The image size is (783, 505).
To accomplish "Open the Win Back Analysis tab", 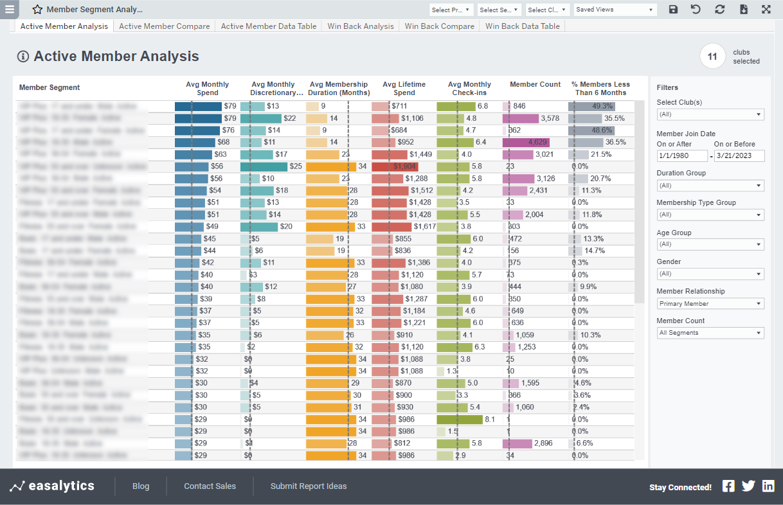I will pos(360,26).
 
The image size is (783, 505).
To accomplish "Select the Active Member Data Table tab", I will pos(268,26).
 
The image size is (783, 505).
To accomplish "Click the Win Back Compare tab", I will pos(439,26).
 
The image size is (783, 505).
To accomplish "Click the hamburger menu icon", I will pos(10,10).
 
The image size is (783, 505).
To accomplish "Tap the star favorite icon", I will pos(37,10).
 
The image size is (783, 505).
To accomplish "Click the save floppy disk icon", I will pos(673,10).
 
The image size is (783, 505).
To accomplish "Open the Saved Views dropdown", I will pos(614,10).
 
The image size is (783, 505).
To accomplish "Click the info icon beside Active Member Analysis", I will pos(23,57).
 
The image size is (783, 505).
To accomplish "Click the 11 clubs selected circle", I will pos(712,57).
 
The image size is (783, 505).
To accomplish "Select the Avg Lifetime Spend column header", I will pos(404,88).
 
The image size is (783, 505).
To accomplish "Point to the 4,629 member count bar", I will pos(525,142).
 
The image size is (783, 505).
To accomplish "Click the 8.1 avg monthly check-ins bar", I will pos(459,419).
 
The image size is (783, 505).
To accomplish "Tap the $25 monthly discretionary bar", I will pos(264,166).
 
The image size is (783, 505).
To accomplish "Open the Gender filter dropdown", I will pos(710,274).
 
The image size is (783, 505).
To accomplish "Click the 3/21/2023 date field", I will pos(739,156).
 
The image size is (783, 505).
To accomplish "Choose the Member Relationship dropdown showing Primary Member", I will pos(710,303).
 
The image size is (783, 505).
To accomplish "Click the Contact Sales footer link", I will pos(210,486).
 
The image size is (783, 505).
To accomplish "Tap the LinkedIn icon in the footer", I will pos(768,486).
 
